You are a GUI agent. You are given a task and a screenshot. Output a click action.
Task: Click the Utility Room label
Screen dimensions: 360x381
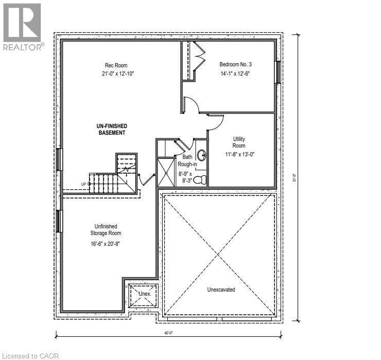click(239, 143)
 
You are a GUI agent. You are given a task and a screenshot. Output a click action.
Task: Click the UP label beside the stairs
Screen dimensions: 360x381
click(83, 184)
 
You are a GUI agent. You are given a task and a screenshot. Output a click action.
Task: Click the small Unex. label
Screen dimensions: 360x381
click(145, 294)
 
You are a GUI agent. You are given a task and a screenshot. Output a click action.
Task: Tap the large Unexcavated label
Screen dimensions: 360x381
click(221, 290)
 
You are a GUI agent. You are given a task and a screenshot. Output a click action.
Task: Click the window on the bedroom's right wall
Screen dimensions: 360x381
click(278, 72)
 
